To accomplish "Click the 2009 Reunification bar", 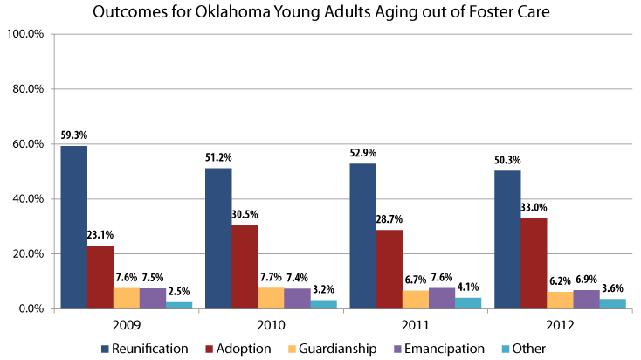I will coord(73,227).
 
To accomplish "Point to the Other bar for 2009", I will coord(180,305).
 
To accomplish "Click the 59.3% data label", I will coord(73,135).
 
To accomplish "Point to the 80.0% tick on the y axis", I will coord(25,89).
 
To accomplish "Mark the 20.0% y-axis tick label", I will coord(25,254).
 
